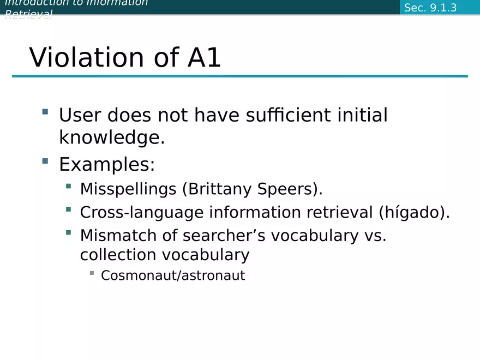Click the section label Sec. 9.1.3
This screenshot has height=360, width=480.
click(x=430, y=8)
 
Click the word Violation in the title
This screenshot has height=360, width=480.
click(x=87, y=58)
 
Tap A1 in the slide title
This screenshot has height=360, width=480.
click(x=204, y=58)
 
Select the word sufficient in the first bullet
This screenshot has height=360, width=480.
click(x=287, y=115)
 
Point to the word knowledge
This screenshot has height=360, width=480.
click(x=111, y=138)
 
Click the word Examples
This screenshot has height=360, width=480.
click(x=107, y=164)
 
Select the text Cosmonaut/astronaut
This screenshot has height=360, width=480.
click(x=173, y=275)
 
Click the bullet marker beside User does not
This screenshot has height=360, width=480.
click(x=45, y=112)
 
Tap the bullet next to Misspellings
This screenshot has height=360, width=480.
click(x=68, y=187)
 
